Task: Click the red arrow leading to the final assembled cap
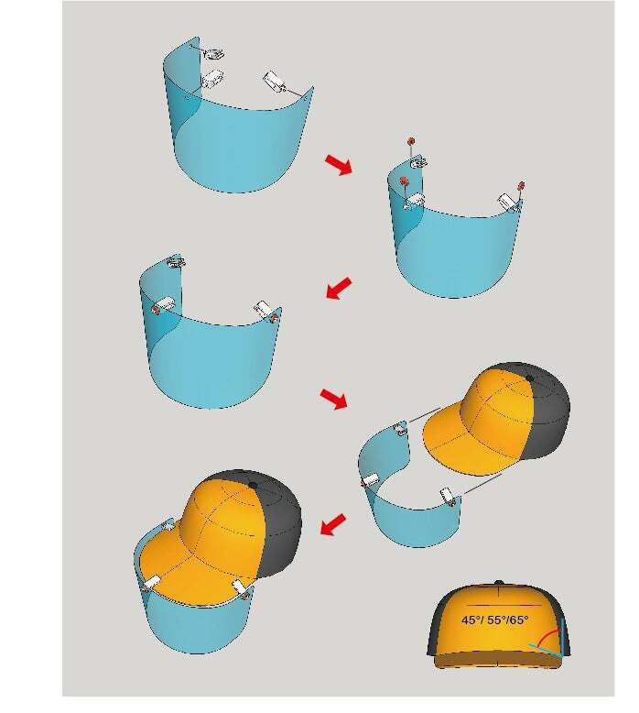click(333, 525)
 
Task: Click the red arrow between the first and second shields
click(339, 164)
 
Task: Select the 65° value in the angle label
click(519, 620)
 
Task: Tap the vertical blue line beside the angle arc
click(563, 638)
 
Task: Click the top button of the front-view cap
click(499, 583)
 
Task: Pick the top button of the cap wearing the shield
click(254, 486)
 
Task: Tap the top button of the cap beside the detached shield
click(529, 378)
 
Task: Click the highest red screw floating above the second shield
click(411, 140)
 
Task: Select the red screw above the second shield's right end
click(522, 185)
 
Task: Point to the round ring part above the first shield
click(214, 54)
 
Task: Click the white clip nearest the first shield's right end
click(274, 81)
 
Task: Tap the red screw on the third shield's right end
click(274, 318)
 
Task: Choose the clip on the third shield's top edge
click(175, 261)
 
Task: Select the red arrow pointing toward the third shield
click(339, 288)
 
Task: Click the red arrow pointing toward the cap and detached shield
click(334, 399)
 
